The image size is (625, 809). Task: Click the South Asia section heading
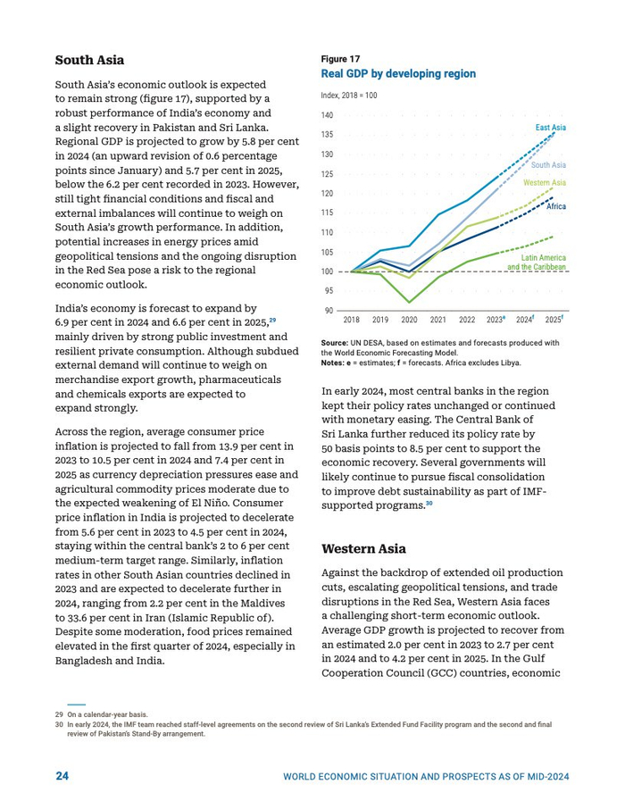pyautogui.click(x=89, y=60)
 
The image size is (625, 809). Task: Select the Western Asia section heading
pyautogui.click(x=363, y=548)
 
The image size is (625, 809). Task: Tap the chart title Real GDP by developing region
pyautogui.click(x=398, y=74)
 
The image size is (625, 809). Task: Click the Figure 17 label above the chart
pyautogui.click(x=340, y=59)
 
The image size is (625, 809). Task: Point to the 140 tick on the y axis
pyautogui.click(x=327, y=116)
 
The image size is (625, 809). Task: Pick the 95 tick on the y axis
pyautogui.click(x=328, y=291)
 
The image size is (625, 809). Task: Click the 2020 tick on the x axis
pyautogui.click(x=409, y=320)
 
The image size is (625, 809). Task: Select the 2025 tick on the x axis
pyautogui.click(x=554, y=320)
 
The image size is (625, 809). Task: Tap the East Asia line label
pyautogui.click(x=550, y=129)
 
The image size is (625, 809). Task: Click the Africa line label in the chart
pyautogui.click(x=555, y=206)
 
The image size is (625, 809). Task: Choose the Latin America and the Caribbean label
pyautogui.click(x=537, y=263)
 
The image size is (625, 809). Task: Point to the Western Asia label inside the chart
pyautogui.click(x=544, y=183)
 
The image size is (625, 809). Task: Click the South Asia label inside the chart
pyautogui.click(x=548, y=165)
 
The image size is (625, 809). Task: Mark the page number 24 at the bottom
pyautogui.click(x=62, y=776)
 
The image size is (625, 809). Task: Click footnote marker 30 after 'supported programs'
pyautogui.click(x=429, y=505)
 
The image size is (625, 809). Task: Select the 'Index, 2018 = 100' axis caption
pyautogui.click(x=349, y=95)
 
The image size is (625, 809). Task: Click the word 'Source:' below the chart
pyautogui.click(x=334, y=342)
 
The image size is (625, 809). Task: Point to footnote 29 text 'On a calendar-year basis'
pyautogui.click(x=106, y=714)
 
